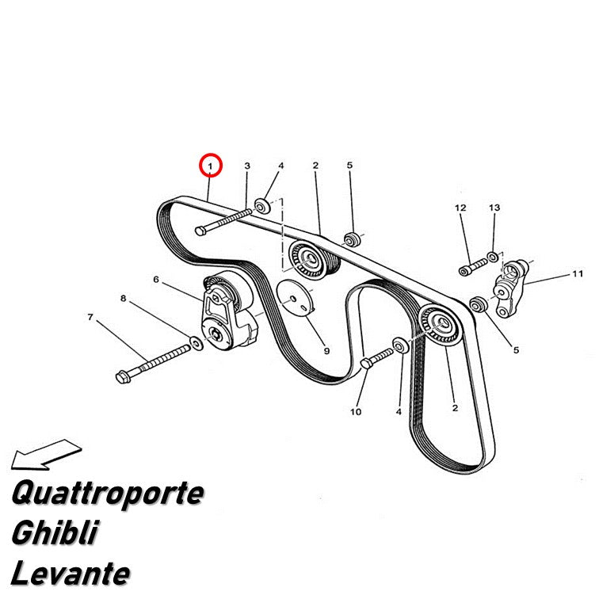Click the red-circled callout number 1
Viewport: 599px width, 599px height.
210,166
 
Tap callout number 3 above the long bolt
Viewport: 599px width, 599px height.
247,166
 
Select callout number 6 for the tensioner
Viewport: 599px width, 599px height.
156,279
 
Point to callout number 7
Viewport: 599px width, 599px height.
90,317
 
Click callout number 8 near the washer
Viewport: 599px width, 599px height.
123,298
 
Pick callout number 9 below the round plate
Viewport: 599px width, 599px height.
326,351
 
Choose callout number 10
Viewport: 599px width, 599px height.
356,412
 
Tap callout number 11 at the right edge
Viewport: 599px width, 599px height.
578,274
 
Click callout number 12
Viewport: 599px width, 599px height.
460,208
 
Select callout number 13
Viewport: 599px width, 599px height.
494,208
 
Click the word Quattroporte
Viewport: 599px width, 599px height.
107,493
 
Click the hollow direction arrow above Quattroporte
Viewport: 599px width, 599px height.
46,454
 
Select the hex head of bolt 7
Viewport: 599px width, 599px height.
123,376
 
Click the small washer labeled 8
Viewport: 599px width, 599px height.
196,342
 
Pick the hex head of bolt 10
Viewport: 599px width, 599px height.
366,363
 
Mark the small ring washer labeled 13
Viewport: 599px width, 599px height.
493,257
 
